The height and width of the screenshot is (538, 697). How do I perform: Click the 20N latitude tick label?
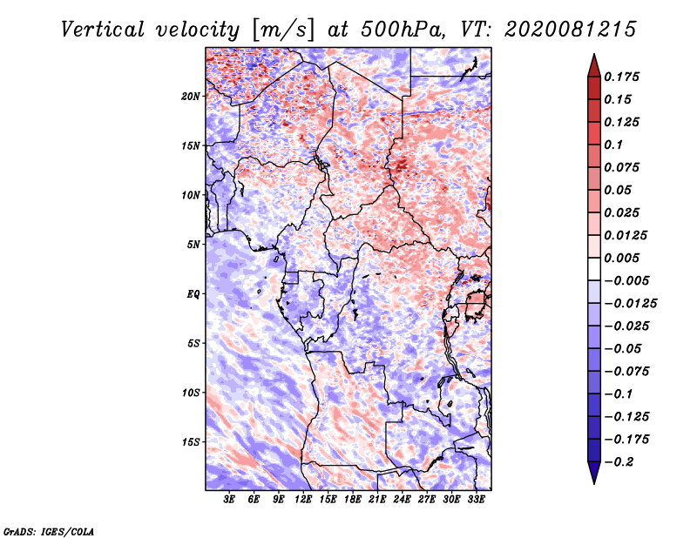(191, 97)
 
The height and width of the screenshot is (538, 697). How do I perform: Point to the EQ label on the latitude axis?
(193, 294)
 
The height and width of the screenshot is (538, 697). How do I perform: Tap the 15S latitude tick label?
(191, 442)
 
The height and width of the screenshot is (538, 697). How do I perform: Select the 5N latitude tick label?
(193, 245)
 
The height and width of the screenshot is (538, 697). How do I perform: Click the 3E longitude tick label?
(229, 500)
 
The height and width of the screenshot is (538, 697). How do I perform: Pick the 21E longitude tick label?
(377, 500)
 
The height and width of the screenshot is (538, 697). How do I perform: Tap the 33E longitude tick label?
(476, 500)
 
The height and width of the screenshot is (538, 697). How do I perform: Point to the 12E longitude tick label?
(302, 500)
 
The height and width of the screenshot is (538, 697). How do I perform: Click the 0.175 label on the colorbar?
(621, 77)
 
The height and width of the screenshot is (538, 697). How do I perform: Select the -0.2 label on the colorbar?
(619, 462)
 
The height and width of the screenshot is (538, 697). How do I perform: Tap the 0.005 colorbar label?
(621, 258)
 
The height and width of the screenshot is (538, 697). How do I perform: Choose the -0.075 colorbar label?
(626, 372)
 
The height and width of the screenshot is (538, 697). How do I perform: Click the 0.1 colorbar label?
(613, 145)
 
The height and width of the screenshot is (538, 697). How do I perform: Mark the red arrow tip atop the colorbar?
(594, 54)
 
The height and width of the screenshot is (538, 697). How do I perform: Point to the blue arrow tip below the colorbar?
(594, 483)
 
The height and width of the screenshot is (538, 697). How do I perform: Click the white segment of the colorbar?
(594, 269)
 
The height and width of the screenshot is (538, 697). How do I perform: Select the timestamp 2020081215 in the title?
(571, 30)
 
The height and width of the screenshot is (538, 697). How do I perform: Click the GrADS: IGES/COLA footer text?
(49, 532)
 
